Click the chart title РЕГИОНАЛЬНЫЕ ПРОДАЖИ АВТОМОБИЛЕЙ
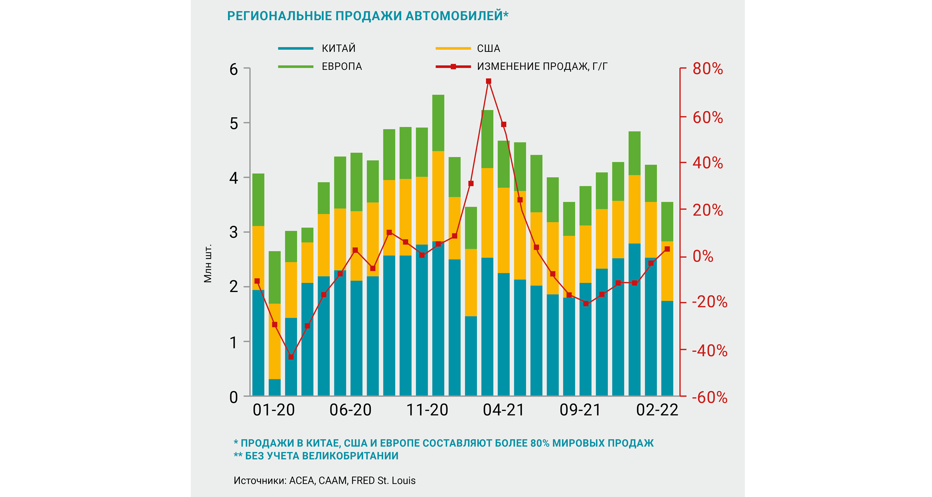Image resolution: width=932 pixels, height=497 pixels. tap(367, 16)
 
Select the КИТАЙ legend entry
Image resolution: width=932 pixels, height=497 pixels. tap(338, 48)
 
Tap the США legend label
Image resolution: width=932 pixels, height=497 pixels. tap(488, 48)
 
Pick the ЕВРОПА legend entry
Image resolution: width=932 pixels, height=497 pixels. tap(342, 67)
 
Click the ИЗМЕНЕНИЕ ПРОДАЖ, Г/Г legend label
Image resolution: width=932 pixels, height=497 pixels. tap(542, 67)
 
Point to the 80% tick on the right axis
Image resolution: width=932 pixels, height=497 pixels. tap(708, 69)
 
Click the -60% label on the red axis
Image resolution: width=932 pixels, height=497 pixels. tap(709, 397)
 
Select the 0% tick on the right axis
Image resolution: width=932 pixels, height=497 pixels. tap(703, 257)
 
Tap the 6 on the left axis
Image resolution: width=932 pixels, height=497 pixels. tap(234, 69)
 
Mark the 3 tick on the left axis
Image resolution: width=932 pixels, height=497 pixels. tap(234, 232)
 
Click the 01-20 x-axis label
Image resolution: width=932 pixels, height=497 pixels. tap(274, 410)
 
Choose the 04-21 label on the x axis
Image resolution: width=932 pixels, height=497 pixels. tap(504, 410)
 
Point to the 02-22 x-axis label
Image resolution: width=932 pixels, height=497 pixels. tap(657, 410)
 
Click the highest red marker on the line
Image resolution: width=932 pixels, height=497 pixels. tap(488, 81)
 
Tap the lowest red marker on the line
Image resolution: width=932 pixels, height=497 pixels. tap(291, 357)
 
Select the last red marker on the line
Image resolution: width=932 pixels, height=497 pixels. tap(667, 249)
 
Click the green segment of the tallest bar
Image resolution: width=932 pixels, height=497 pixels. tap(438, 123)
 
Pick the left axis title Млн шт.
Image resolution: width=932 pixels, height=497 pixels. tap(208, 263)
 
